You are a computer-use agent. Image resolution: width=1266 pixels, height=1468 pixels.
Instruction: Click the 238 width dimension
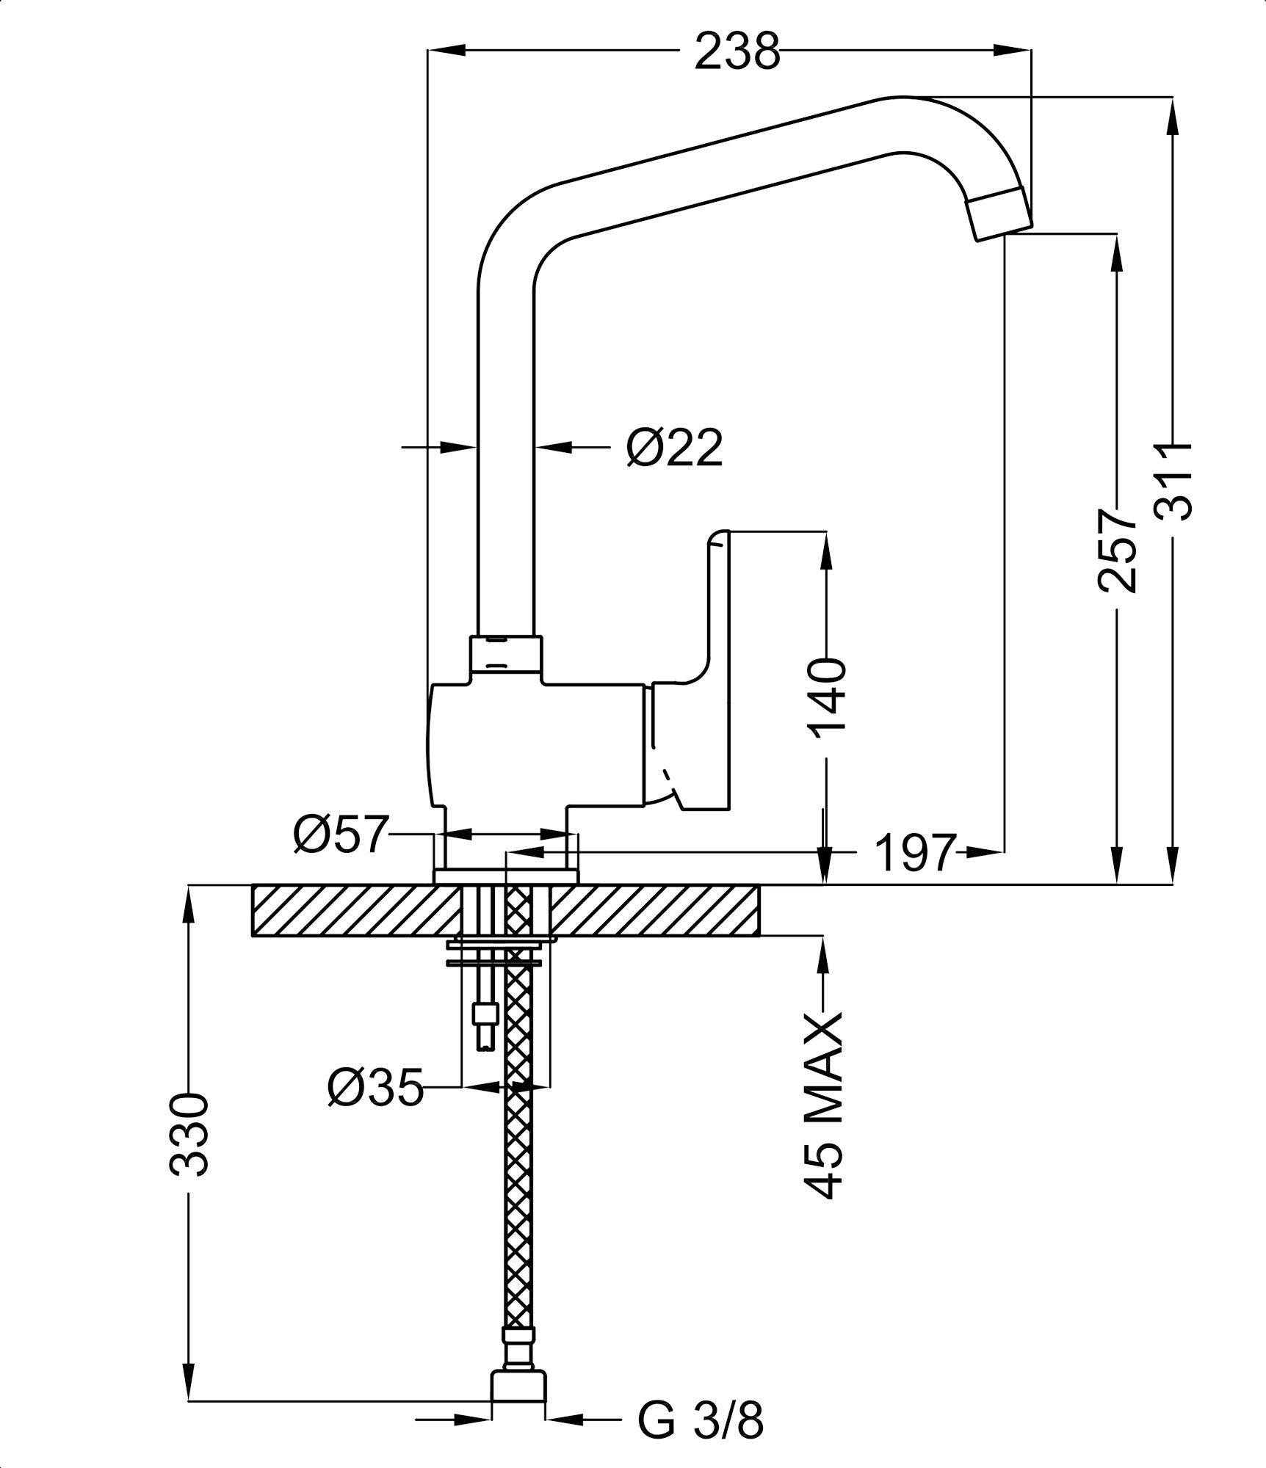tap(737, 51)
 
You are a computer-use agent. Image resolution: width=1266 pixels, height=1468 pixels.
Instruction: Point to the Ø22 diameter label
tap(674, 447)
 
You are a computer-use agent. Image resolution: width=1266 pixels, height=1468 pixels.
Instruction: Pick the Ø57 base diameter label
tap(339, 835)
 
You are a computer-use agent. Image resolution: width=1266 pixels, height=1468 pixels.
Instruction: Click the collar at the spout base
tap(505, 655)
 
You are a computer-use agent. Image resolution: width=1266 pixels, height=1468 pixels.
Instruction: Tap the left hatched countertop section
tap(352, 911)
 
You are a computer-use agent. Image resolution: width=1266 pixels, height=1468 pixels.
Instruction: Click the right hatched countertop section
tap(654, 911)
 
